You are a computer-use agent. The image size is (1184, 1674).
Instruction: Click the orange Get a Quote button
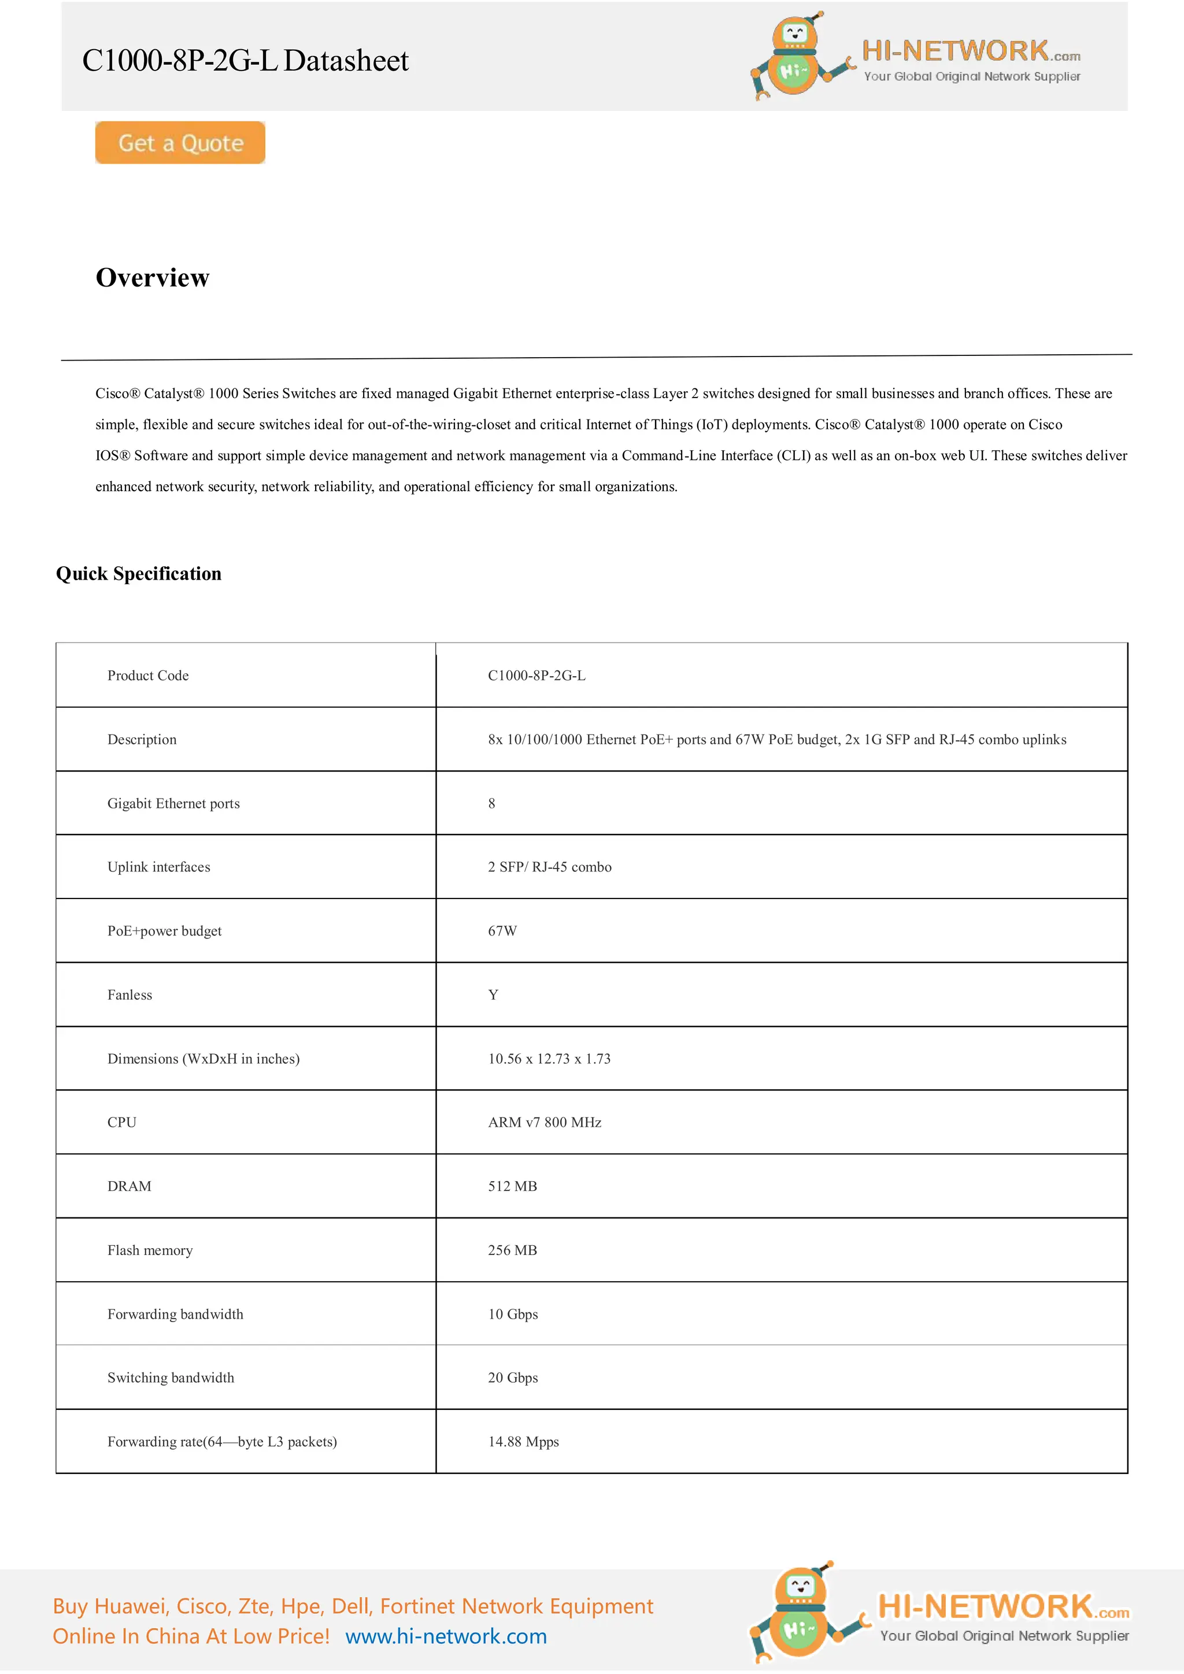pyautogui.click(x=180, y=143)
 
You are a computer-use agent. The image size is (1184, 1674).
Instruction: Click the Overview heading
pyautogui.click(x=153, y=278)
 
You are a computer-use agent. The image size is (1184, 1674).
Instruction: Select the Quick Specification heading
pyautogui.click(x=139, y=574)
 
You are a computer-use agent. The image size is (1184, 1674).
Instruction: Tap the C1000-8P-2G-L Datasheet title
pyautogui.click(x=245, y=61)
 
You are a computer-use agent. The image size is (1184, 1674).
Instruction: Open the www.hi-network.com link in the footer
pyautogui.click(x=446, y=1636)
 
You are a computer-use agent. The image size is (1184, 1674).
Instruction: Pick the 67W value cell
pyautogui.click(x=502, y=931)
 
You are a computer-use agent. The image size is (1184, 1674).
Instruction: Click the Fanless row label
pyautogui.click(x=130, y=995)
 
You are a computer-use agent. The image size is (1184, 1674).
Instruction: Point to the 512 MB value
pyautogui.click(x=512, y=1186)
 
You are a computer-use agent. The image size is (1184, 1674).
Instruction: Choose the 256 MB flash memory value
pyautogui.click(x=512, y=1250)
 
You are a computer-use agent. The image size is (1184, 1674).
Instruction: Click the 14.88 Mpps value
pyautogui.click(x=523, y=1442)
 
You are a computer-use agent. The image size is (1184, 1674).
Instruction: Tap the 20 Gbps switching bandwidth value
pyautogui.click(x=513, y=1378)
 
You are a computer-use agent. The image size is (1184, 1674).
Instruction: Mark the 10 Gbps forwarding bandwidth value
pyautogui.click(x=513, y=1315)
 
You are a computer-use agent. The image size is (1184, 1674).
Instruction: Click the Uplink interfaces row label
pyautogui.click(x=159, y=867)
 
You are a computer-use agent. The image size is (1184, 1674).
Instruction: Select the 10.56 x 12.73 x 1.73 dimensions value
pyautogui.click(x=549, y=1059)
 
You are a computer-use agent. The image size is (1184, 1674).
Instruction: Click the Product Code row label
pyautogui.click(x=148, y=676)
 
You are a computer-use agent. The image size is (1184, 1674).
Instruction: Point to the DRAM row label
pyautogui.click(x=129, y=1186)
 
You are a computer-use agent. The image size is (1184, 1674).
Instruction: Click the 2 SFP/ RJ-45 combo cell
pyautogui.click(x=550, y=867)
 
